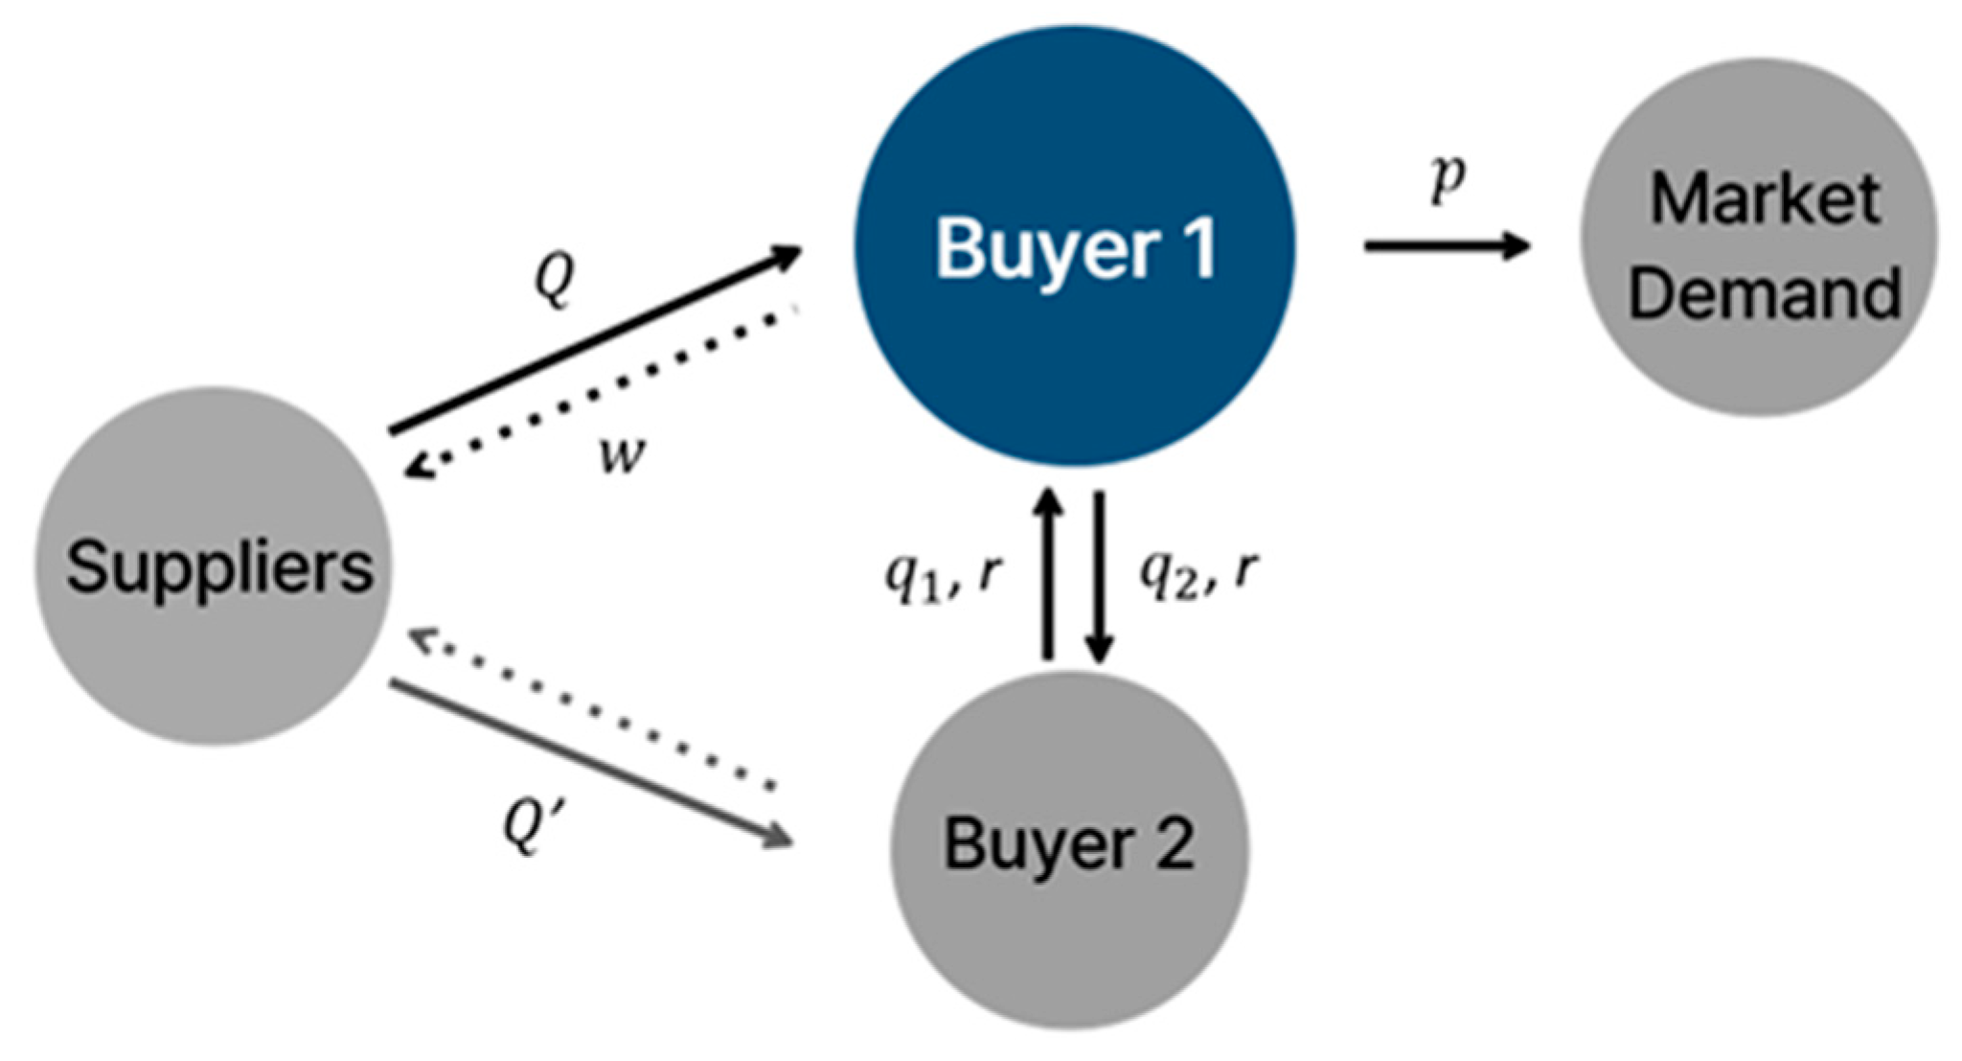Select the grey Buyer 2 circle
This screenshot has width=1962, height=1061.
coord(1069,939)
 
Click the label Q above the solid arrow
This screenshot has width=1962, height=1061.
coord(555,281)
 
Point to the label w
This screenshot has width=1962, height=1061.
coord(622,454)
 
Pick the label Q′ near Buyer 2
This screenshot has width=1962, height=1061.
coord(530,825)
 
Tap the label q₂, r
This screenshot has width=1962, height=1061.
coord(1198,574)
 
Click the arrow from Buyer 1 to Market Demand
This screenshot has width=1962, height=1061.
coord(1447,246)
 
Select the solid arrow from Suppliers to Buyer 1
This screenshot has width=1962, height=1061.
coord(594,340)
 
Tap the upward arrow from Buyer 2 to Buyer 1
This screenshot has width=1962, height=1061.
coord(1048,575)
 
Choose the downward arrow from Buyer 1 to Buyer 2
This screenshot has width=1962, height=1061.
coord(1099,575)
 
